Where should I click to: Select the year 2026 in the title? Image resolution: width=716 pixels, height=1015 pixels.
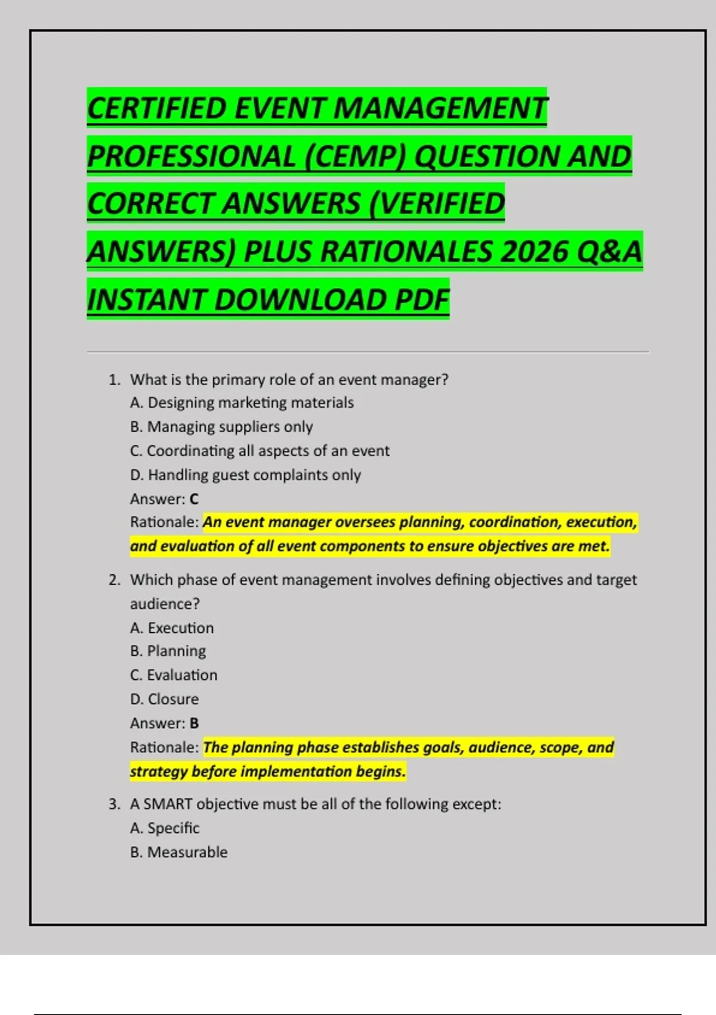click(x=533, y=252)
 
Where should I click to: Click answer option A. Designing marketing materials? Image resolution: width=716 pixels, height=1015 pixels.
click(x=242, y=403)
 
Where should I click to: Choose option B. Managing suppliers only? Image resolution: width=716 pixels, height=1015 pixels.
click(x=221, y=427)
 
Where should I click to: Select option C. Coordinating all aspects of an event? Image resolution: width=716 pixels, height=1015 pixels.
click(x=260, y=451)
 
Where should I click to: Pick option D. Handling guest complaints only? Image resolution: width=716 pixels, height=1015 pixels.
click(x=245, y=475)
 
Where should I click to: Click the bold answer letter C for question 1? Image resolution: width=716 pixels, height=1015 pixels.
click(x=194, y=499)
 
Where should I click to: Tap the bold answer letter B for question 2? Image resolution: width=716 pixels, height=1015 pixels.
click(x=194, y=724)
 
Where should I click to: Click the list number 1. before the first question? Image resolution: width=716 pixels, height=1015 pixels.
click(x=115, y=380)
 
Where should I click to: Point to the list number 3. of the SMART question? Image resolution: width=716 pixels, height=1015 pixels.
click(x=115, y=804)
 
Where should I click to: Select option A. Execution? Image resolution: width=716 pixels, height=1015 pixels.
click(x=172, y=628)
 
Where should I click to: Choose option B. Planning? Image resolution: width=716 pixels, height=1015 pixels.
click(x=168, y=651)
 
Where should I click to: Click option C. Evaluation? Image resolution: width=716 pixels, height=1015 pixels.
click(x=174, y=675)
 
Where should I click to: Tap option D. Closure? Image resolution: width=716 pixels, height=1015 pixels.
click(x=164, y=699)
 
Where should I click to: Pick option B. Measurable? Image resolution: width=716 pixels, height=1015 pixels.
click(x=178, y=852)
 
